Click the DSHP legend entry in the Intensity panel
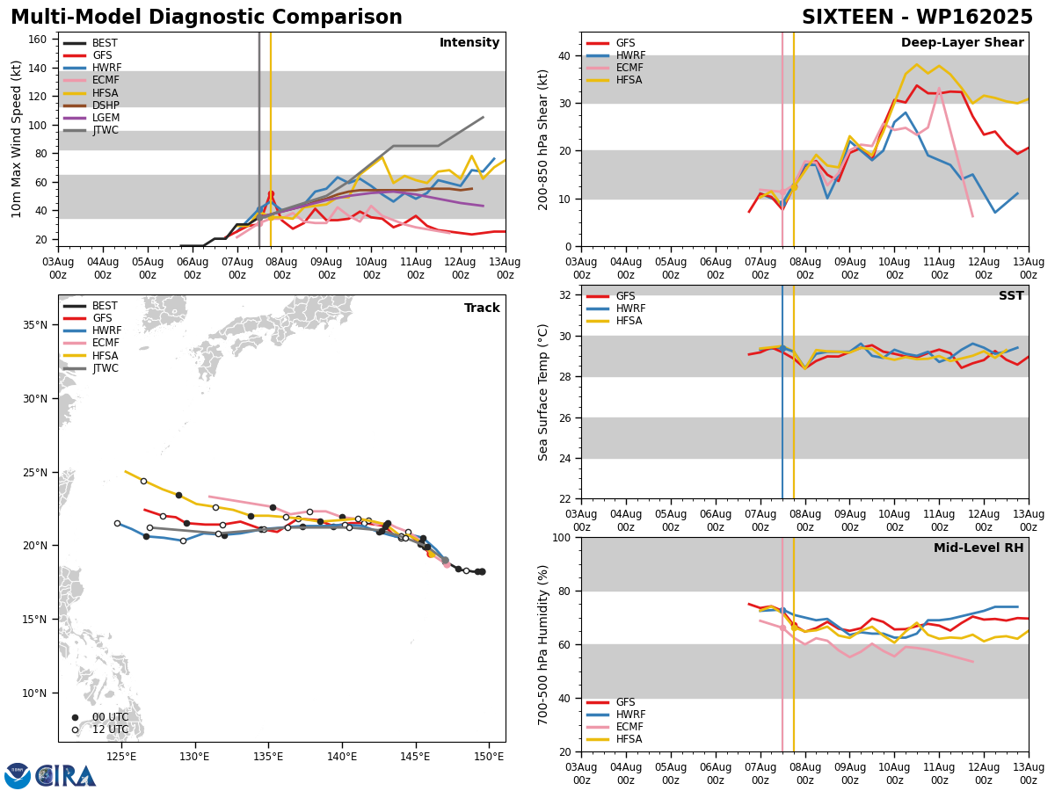coord(91,105)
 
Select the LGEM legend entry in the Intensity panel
coord(91,118)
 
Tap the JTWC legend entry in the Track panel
coord(91,368)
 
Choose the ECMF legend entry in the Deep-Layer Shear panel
coord(615,68)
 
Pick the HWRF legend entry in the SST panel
coord(615,308)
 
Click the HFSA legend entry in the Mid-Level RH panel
coord(615,739)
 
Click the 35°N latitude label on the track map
coord(35,325)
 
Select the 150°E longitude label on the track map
coord(490,757)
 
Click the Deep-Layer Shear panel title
coord(962,43)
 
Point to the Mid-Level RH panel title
coord(979,548)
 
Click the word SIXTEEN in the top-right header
coord(848,18)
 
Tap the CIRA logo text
coord(65,776)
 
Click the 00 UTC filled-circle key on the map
coord(75,717)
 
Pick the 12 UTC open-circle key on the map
coord(75,730)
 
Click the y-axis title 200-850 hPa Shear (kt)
coord(542,141)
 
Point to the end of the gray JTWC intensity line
coord(483,117)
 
